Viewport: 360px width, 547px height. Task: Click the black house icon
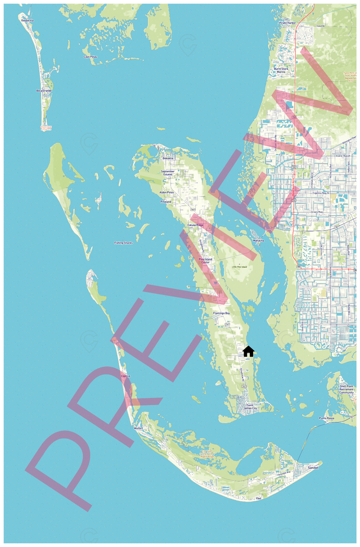coord(248,351)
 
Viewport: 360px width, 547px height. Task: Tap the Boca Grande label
coord(44,90)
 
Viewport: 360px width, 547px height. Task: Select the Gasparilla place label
coord(28,20)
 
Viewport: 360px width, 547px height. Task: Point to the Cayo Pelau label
coord(90,57)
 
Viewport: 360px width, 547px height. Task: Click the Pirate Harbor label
coord(287,23)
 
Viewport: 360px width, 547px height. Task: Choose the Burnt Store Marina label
coord(281,70)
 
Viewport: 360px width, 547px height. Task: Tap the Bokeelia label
coord(168,159)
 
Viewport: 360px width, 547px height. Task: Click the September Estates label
coord(168,173)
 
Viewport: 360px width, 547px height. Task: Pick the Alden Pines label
coord(167,192)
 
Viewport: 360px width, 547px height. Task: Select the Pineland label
coord(165,201)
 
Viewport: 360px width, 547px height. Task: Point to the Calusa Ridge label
coord(195,225)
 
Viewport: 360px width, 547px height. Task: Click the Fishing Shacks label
coord(123,243)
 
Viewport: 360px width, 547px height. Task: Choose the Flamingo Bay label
coord(221,313)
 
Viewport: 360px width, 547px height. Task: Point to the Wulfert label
coord(138,428)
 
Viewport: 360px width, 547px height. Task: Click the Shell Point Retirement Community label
coord(346,389)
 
